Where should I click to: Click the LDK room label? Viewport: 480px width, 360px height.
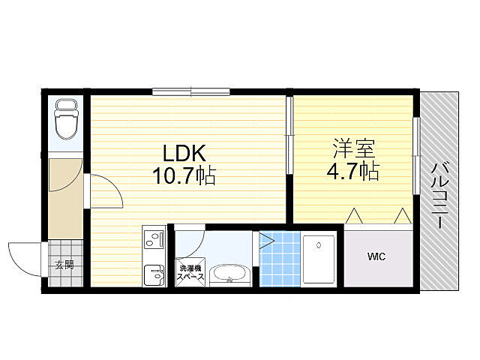click(184, 153)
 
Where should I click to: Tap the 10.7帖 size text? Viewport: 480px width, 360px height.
click(184, 175)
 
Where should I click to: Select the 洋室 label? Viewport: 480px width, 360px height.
click(354, 148)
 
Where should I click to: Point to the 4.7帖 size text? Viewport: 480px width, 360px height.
click(353, 171)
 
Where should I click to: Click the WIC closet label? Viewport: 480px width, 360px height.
click(376, 256)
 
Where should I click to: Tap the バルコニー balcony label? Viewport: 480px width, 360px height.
click(439, 196)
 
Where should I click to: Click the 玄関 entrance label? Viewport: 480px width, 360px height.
click(64, 265)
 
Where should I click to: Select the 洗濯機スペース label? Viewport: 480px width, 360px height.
click(190, 273)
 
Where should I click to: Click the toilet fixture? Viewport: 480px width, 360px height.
click(66, 118)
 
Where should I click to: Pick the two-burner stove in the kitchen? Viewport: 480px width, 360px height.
click(154, 239)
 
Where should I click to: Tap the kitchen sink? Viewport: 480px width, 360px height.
click(154, 273)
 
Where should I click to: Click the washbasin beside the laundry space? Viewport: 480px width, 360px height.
click(230, 274)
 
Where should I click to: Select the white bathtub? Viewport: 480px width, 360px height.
click(319, 259)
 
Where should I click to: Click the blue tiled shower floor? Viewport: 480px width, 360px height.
click(280, 259)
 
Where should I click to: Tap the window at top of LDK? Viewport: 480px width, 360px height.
click(191, 91)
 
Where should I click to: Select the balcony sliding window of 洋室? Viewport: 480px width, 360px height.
click(416, 155)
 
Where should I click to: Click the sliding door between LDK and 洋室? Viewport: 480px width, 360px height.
click(289, 135)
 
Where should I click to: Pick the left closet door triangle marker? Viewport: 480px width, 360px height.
click(355, 216)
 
